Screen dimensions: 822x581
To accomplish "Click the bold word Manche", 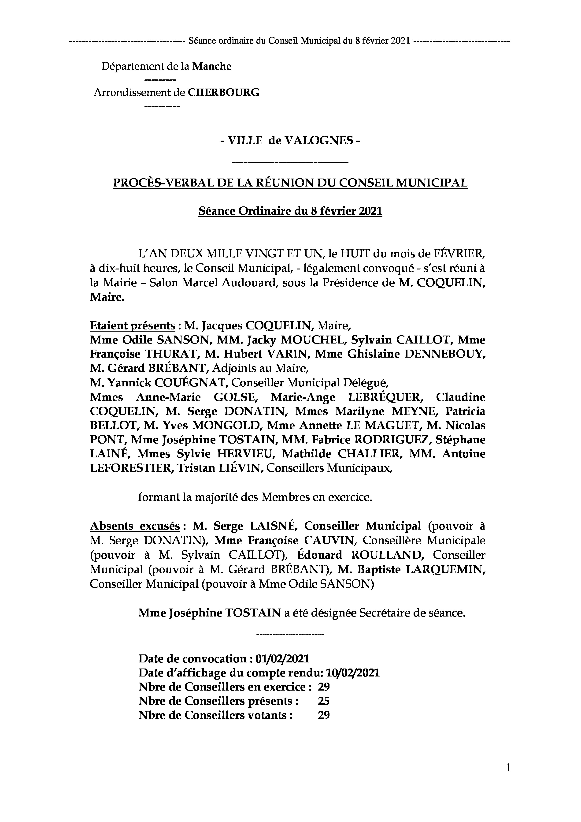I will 212,67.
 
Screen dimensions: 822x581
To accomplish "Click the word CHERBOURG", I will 224,93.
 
